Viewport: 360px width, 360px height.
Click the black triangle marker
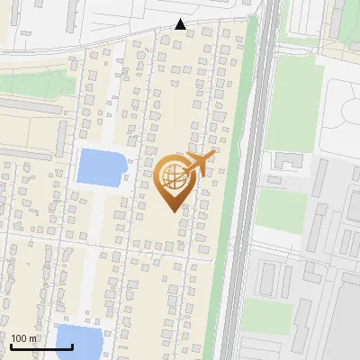click(181, 24)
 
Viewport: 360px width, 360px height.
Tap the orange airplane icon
click(201, 164)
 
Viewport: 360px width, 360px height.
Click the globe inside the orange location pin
click(174, 178)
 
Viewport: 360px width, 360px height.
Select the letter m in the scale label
click(33, 338)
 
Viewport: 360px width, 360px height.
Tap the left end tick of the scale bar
click(11, 346)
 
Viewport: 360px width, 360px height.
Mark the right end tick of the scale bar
click(72, 346)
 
